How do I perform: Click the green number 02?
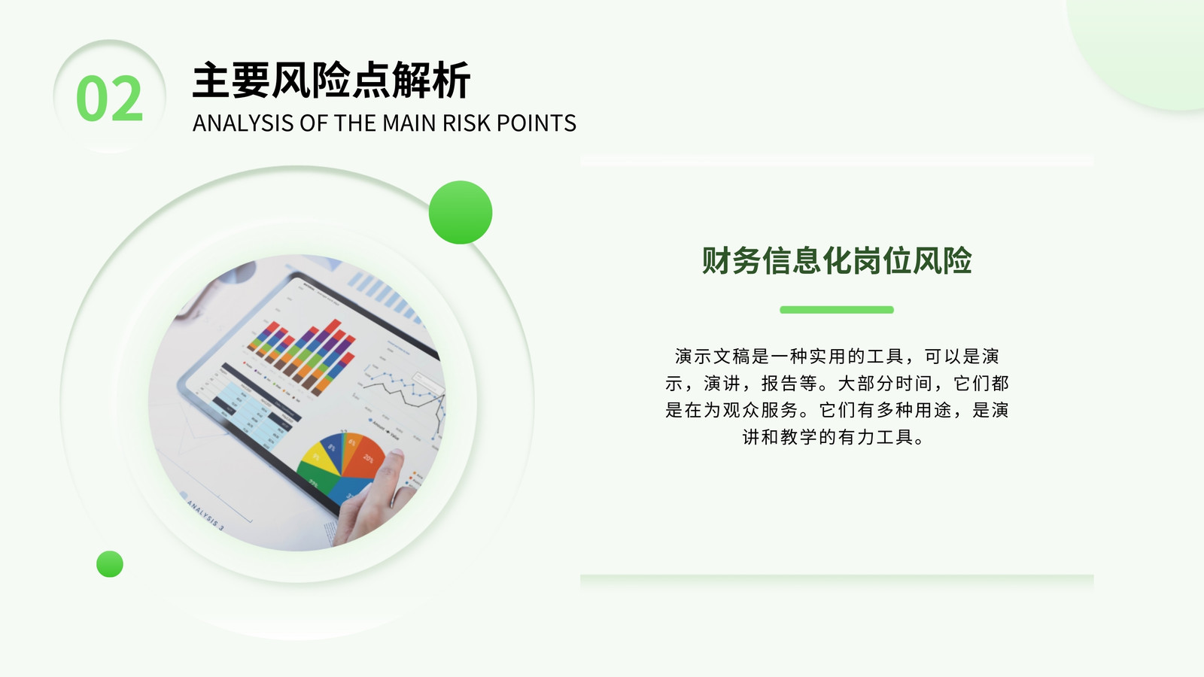(110, 99)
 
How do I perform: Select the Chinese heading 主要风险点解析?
(331, 80)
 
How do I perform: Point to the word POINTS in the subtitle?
(537, 123)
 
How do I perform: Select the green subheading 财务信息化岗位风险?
(837, 261)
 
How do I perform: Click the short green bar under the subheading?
(837, 309)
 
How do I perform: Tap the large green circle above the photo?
(461, 212)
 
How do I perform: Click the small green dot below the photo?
(110, 564)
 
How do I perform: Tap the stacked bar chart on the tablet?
(302, 354)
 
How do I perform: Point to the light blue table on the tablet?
(253, 413)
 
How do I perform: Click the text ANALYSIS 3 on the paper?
(205, 515)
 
